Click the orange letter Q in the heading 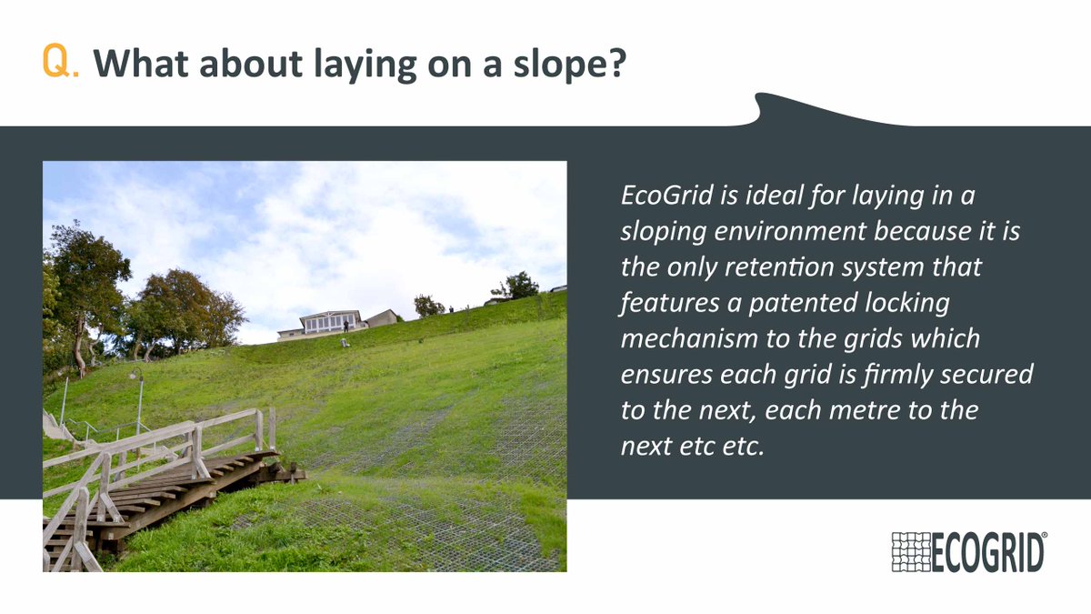coord(55,60)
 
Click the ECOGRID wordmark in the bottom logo coord(987,553)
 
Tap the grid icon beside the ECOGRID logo coord(911,552)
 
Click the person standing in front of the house coord(345,326)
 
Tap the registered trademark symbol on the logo coord(1044,536)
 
